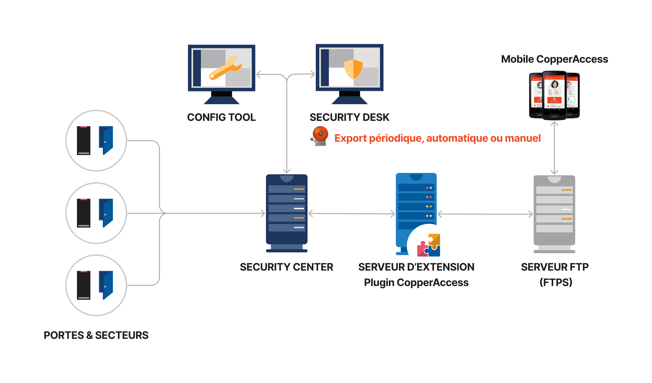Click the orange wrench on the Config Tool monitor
click(x=225, y=68)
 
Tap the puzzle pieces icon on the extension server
click(x=428, y=245)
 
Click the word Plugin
click(x=379, y=283)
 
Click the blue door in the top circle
click(x=106, y=140)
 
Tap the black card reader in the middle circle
click(x=83, y=213)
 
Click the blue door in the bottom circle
click(x=106, y=285)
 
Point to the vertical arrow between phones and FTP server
click(x=554, y=148)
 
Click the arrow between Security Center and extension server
click(x=352, y=214)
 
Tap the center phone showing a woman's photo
click(x=554, y=95)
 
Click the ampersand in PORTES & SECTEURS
click(x=90, y=335)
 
